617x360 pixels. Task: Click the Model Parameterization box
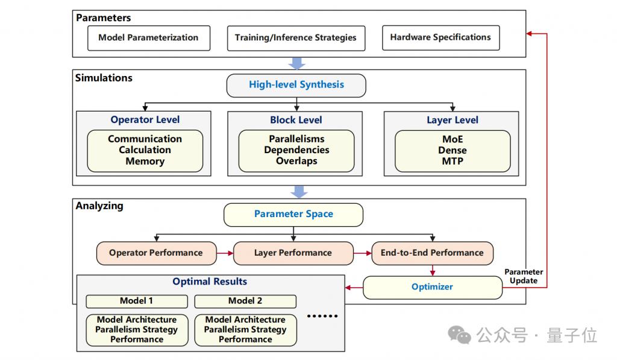[149, 38]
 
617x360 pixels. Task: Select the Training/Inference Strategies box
[296, 38]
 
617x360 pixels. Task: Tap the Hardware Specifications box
[440, 37]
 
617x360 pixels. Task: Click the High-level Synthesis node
[296, 86]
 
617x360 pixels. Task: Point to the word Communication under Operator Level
[145, 139]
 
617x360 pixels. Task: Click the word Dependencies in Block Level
[296, 150]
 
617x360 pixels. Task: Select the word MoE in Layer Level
[453, 139]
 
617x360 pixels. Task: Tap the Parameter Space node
[293, 215]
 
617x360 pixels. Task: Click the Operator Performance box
[156, 253]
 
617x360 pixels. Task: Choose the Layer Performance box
[293, 253]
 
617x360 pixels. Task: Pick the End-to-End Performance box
[432, 253]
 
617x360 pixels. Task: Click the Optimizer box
[433, 287]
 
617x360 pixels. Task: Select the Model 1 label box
[137, 302]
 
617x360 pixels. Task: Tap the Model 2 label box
[245, 302]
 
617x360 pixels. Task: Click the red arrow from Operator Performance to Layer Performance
[225, 253]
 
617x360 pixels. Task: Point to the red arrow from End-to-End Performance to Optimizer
[433, 270]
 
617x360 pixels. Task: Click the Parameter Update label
[524, 276]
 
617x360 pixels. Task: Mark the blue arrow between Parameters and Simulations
[297, 63]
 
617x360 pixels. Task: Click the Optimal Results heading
[210, 282]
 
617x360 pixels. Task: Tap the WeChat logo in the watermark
[459, 335]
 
